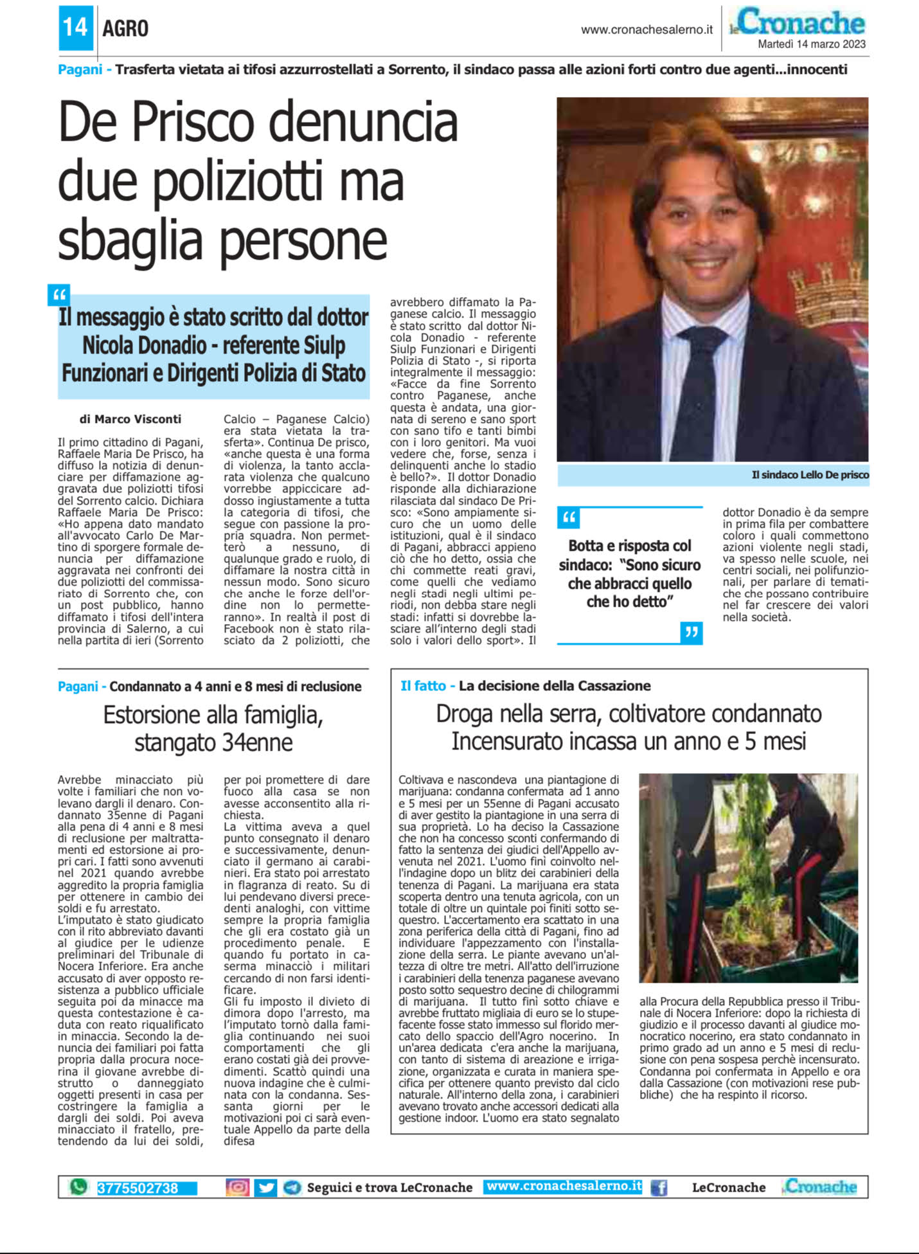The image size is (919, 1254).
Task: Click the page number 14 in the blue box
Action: pos(75,28)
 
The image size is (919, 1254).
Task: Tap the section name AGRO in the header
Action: pos(125,28)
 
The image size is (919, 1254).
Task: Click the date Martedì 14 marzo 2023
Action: pos(812,44)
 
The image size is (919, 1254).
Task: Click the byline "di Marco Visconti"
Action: pos(130,419)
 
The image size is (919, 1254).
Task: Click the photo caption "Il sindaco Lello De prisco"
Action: pos(810,475)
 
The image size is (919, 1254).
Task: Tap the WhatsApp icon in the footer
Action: pos(78,1187)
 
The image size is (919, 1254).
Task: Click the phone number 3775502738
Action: pos(138,1188)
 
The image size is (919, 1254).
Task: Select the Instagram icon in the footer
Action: pos(237,1187)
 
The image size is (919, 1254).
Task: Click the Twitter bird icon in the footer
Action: pos(265,1187)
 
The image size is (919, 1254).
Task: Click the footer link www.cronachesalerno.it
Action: pos(564,1186)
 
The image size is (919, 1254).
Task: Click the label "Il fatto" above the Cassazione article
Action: pos(423,686)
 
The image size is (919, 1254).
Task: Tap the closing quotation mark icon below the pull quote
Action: pos(691,633)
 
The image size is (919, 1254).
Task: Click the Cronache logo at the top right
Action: pos(800,22)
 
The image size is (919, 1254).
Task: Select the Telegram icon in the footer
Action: pos(292,1187)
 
